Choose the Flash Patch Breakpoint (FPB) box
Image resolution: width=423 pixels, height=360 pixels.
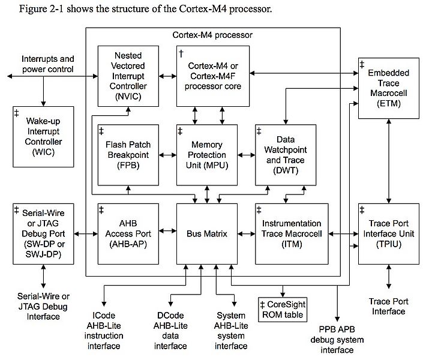pyautogui.click(x=128, y=154)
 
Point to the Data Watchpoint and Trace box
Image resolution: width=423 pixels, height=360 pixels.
pyautogui.click(x=285, y=154)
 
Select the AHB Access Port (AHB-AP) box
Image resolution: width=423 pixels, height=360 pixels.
pyautogui.click(x=128, y=233)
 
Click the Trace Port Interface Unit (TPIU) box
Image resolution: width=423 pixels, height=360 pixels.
pyautogui.click(x=388, y=233)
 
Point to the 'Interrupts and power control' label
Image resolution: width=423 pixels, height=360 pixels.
pyautogui.click(x=47, y=64)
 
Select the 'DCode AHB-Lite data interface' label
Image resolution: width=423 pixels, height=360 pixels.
pyautogui.click(x=170, y=331)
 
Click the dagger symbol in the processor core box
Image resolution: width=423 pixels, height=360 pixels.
pyautogui.click(x=181, y=53)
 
